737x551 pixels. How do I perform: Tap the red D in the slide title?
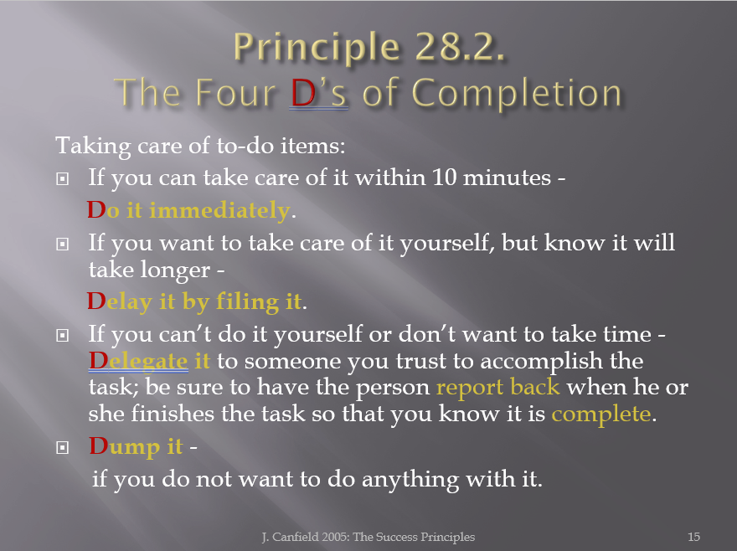[303, 93]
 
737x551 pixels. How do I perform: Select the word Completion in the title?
[517, 94]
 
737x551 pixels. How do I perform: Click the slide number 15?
[693, 537]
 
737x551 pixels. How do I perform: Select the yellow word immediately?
[219, 210]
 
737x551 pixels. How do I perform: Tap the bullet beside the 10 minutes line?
[63, 178]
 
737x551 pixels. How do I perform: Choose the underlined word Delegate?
[139, 361]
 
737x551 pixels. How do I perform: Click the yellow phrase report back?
[497, 388]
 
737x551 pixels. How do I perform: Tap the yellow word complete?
[601, 415]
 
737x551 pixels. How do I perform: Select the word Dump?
[125, 446]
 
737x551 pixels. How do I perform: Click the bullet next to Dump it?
[63, 447]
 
